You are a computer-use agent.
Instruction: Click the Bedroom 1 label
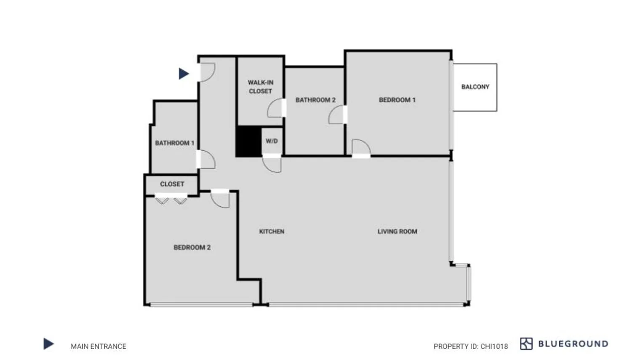pyautogui.click(x=397, y=100)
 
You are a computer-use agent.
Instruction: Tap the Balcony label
pyautogui.click(x=475, y=87)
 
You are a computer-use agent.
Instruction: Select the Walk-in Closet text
pyautogui.click(x=260, y=87)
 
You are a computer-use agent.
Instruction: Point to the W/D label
pyautogui.click(x=272, y=141)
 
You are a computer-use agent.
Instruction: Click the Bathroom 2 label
pyautogui.click(x=315, y=100)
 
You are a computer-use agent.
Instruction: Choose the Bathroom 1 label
pyautogui.click(x=174, y=143)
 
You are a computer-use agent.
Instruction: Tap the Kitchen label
pyautogui.click(x=272, y=232)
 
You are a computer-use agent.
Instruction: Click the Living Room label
pyautogui.click(x=397, y=232)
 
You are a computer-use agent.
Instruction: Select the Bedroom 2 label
pyautogui.click(x=192, y=248)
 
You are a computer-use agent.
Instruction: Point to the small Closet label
pyautogui.click(x=172, y=184)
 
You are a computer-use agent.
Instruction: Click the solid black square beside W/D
pyautogui.click(x=248, y=141)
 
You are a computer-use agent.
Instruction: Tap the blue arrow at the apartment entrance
pyautogui.click(x=184, y=74)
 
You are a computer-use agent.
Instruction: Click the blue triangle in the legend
pyautogui.click(x=48, y=344)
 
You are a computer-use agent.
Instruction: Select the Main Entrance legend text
pyautogui.click(x=98, y=347)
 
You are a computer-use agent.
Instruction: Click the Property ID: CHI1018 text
pyautogui.click(x=470, y=347)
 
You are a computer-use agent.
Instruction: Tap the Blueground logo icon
pyautogui.click(x=526, y=344)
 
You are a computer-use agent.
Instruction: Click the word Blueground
pyautogui.click(x=573, y=344)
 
